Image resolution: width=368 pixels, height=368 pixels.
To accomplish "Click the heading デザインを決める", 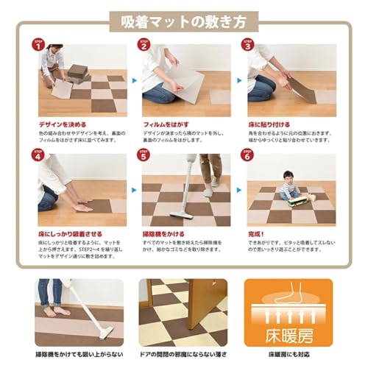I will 62,124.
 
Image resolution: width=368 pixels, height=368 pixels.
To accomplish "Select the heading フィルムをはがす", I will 167,124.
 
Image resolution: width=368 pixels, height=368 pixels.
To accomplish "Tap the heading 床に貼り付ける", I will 269,124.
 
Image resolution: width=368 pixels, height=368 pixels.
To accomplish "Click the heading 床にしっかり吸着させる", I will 74,233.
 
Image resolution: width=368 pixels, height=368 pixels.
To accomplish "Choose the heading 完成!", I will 258,233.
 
